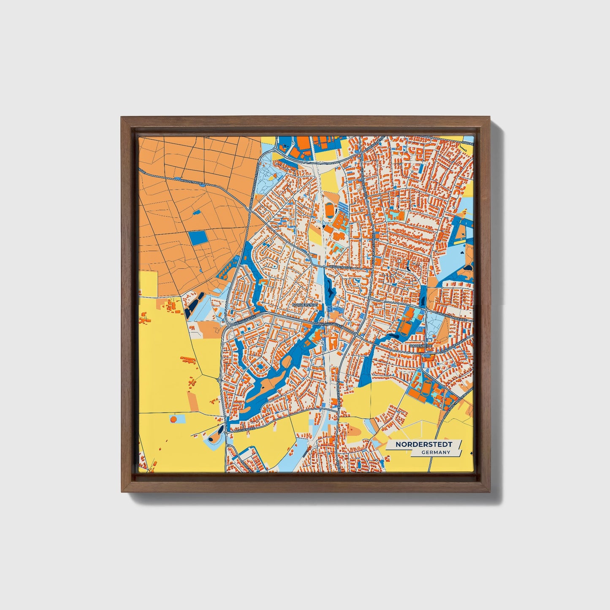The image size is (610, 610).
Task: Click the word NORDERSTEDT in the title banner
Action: pos(424,445)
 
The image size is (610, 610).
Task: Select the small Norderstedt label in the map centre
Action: pos(305,304)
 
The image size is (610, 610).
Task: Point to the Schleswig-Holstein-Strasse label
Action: pos(458,401)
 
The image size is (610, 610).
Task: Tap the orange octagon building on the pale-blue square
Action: pos(173,419)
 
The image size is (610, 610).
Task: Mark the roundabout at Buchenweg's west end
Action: pos(227,433)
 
